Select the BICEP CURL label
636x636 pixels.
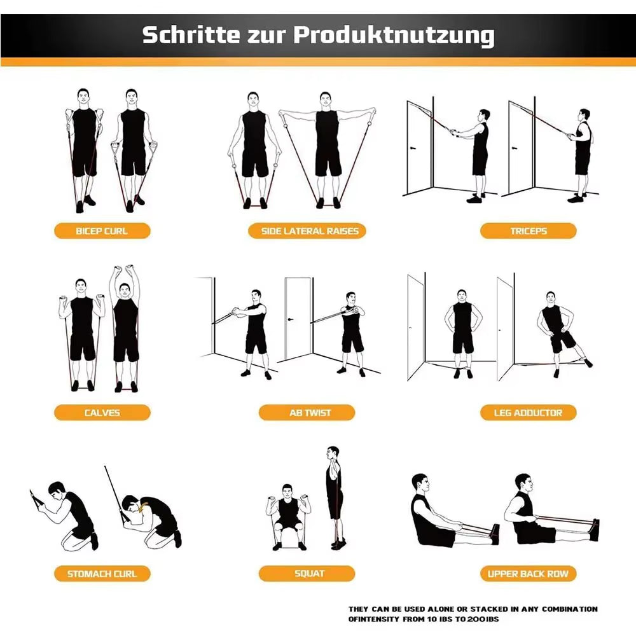click(102, 231)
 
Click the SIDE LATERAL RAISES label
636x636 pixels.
click(310, 231)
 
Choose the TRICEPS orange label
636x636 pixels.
click(528, 231)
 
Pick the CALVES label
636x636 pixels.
click(102, 413)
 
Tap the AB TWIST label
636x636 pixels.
click(310, 413)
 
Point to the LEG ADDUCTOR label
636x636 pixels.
click(528, 413)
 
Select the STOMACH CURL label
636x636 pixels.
click(102, 574)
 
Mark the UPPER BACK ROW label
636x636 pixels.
click(528, 574)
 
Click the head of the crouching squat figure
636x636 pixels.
click(287, 490)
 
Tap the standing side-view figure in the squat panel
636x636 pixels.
click(334, 496)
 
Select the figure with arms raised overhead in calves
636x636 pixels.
click(125, 331)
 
